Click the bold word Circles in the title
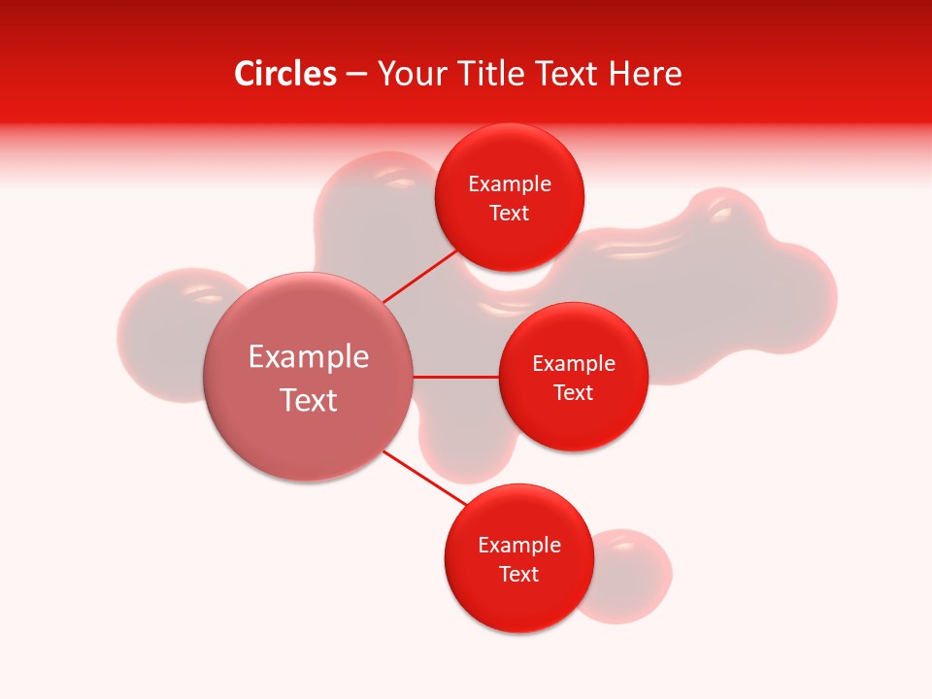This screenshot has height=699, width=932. point(284,74)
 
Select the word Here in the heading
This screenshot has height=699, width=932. point(645,74)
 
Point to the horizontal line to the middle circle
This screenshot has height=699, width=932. point(455,377)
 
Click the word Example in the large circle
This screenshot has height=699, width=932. point(309,357)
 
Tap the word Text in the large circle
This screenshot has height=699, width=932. point(309,400)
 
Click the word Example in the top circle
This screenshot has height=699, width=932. point(510,184)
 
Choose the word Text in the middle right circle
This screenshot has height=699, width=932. point(574,392)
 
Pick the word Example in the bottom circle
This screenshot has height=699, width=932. point(518,545)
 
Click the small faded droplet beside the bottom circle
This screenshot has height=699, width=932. point(636,573)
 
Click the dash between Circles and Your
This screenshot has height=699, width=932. point(356,75)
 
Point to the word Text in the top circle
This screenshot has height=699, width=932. point(510,214)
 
